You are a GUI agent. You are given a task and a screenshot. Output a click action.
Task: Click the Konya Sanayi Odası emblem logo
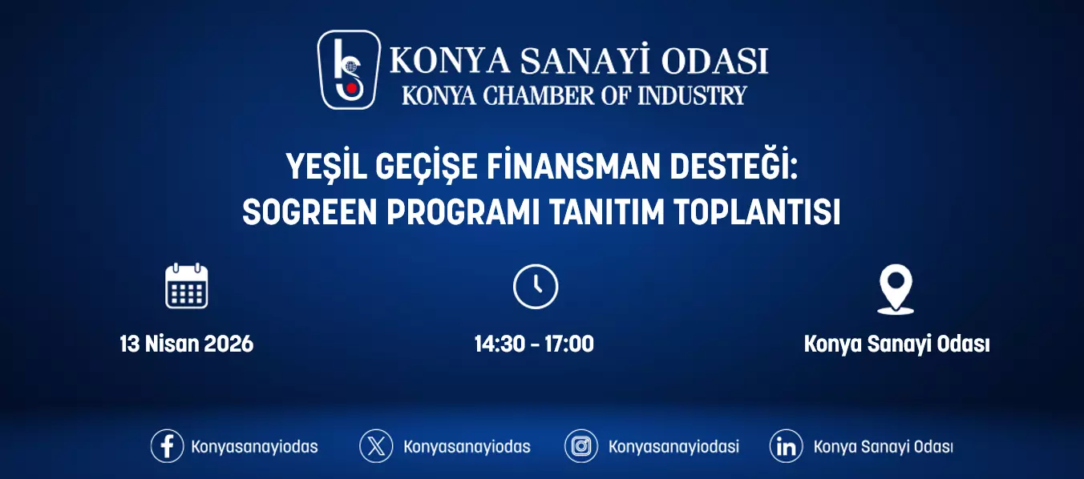coord(349,70)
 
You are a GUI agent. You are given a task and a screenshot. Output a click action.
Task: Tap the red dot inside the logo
coord(353,88)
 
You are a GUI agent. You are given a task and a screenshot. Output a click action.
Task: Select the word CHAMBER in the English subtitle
coord(538,95)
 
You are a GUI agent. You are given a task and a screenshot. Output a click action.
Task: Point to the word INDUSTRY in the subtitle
coord(692,95)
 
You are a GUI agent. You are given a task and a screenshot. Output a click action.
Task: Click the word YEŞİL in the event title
coord(326,167)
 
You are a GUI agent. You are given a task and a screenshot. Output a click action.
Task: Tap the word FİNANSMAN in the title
coord(573,167)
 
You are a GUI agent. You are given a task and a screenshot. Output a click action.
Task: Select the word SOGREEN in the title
coord(309,211)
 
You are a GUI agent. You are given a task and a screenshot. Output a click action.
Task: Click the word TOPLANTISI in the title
coord(757,211)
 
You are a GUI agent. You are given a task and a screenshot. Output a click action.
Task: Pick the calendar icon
coord(186,286)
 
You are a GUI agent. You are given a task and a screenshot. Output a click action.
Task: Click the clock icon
coord(536,287)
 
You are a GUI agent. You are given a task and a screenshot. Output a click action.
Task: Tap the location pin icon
coord(896,289)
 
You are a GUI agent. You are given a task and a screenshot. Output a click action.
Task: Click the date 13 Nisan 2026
coord(186,344)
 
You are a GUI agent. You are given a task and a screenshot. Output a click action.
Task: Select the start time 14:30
coord(500,344)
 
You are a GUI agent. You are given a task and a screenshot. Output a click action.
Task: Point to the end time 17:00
coord(569,344)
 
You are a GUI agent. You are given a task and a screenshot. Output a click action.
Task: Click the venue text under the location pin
coord(896,344)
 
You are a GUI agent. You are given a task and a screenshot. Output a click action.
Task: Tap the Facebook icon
coord(167,446)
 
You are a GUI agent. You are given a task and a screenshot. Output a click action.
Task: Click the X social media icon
coord(376,446)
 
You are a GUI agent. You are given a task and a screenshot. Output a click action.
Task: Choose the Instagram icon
coord(581,446)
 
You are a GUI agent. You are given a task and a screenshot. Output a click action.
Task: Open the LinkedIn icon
coord(787,446)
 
